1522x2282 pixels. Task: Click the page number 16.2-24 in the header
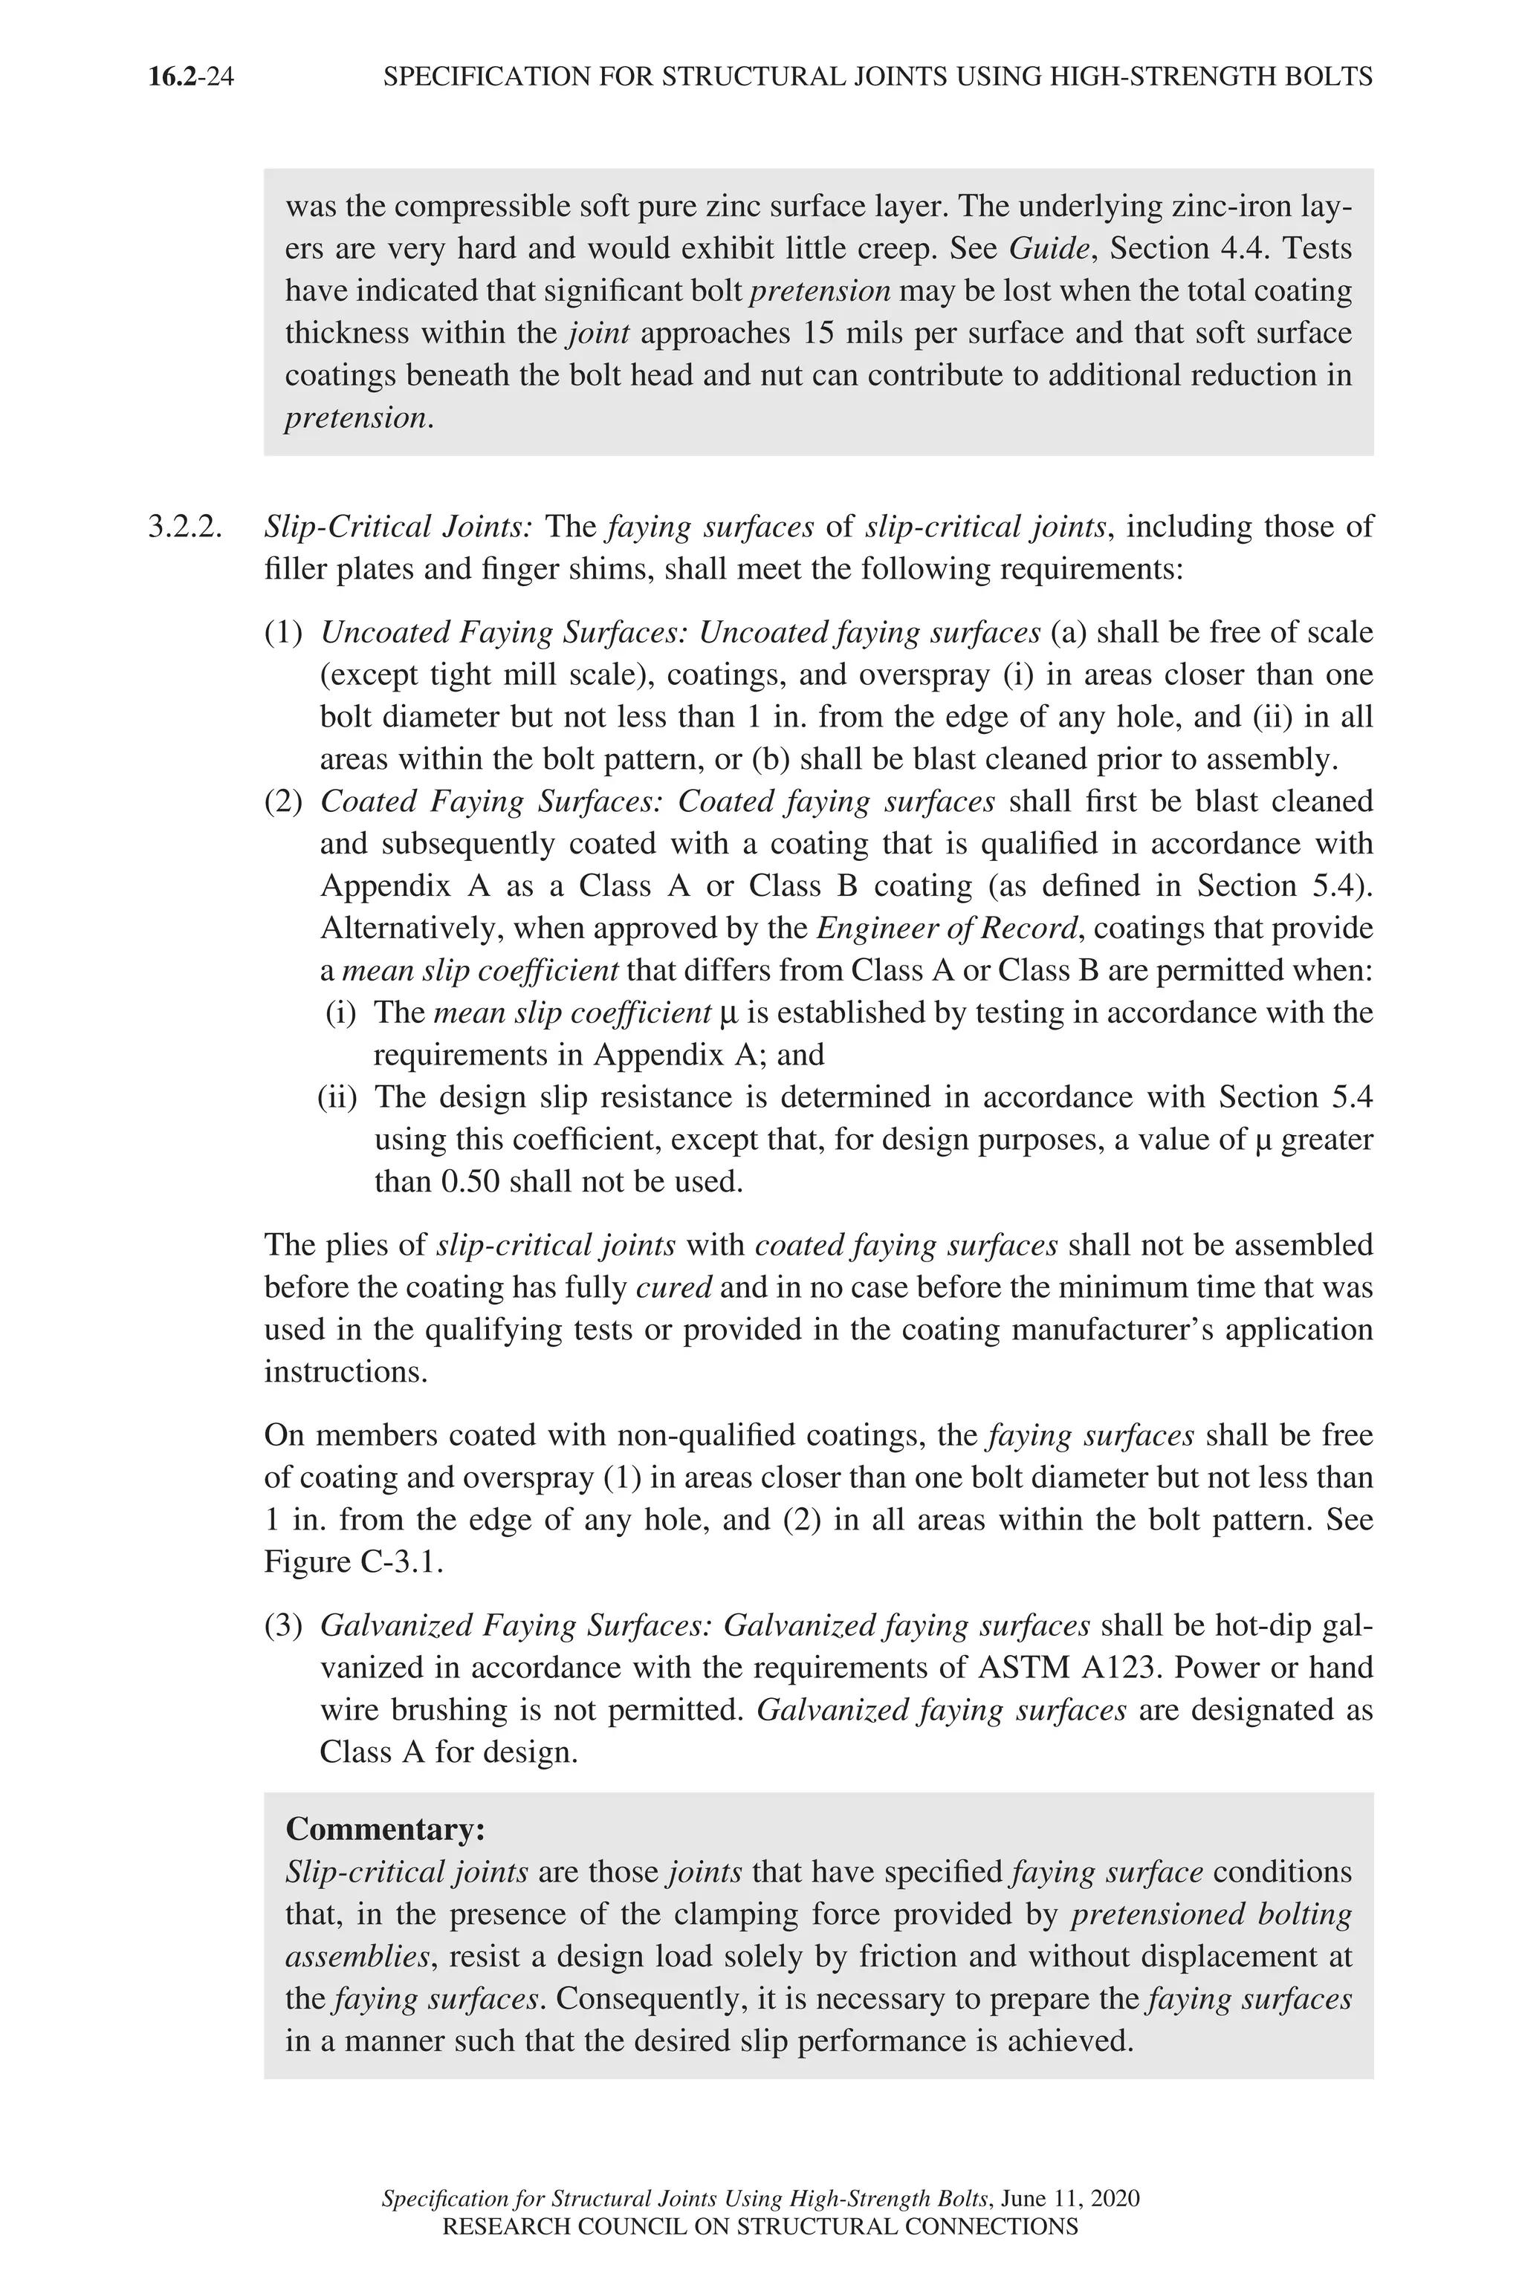[x=191, y=77]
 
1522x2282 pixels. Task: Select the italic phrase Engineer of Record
[x=948, y=929]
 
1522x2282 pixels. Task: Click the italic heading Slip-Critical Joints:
[x=398, y=527]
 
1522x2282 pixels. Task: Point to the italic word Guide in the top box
[x=1049, y=248]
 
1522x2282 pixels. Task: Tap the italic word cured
[x=673, y=1287]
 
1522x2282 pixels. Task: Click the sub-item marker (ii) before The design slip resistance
[x=338, y=1097]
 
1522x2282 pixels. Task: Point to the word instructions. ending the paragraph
[x=346, y=1372]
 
